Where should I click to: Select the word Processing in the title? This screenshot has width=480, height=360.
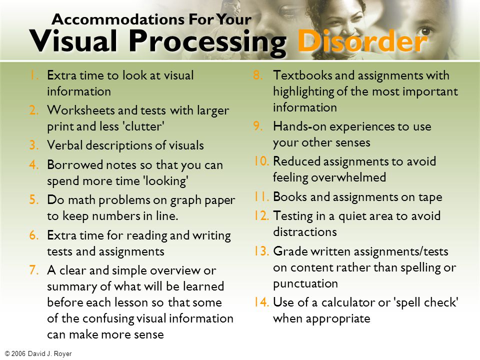point(207,42)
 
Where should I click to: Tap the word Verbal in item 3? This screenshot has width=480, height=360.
point(63,145)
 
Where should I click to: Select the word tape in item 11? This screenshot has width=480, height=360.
point(429,197)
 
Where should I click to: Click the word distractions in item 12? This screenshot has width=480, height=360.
point(304,232)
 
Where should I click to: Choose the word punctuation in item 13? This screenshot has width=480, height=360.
point(305,283)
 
